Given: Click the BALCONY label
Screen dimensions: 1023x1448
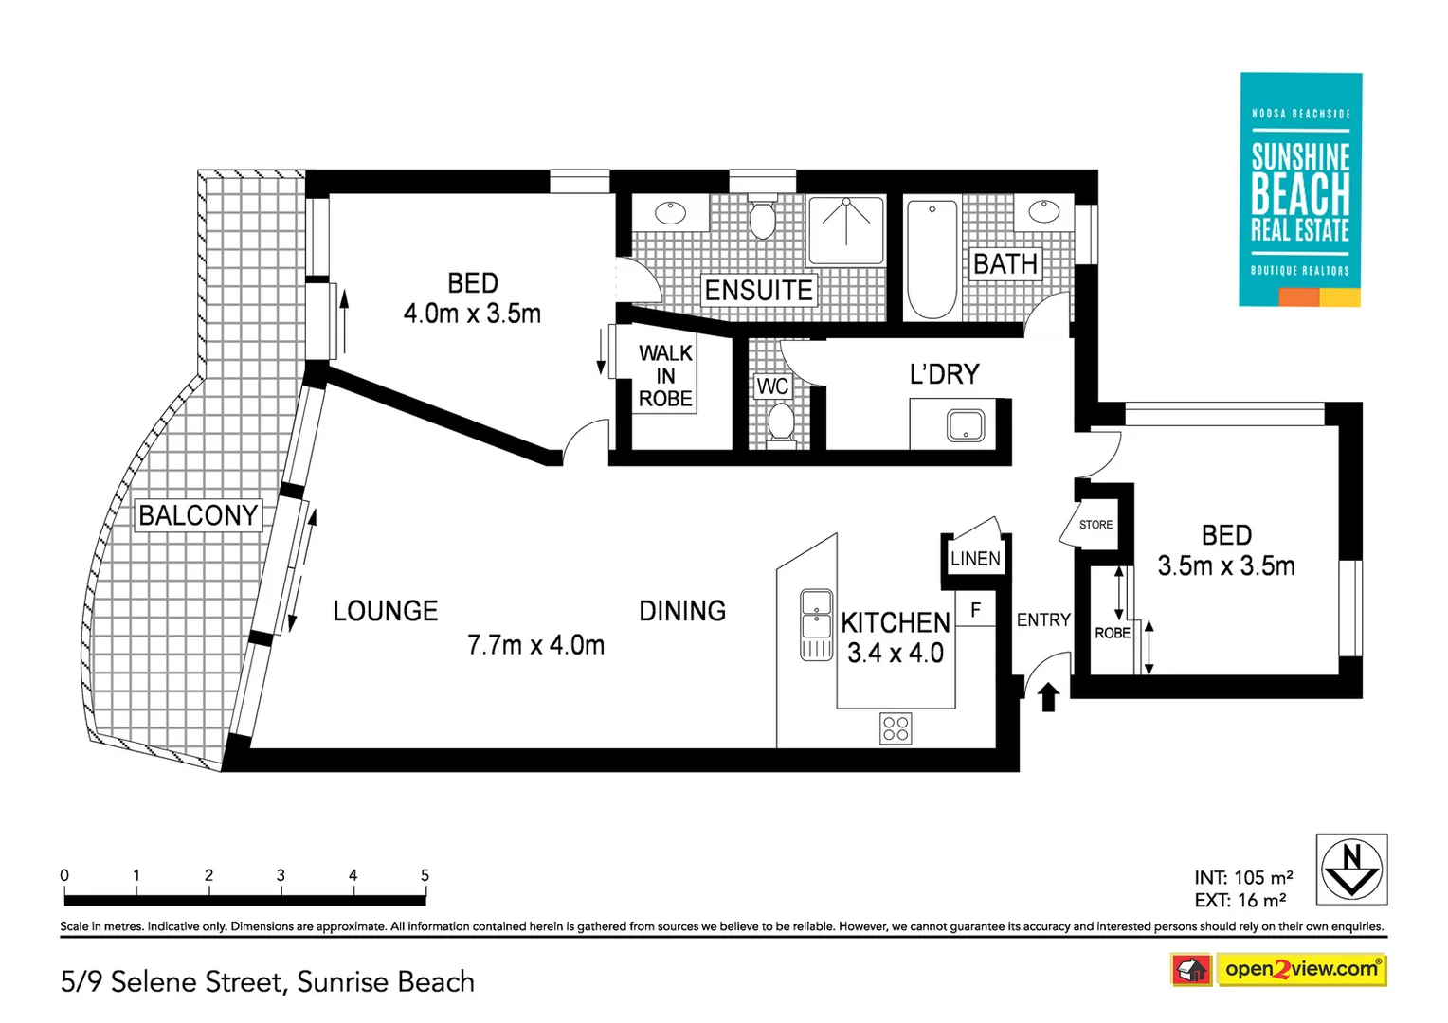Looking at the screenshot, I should pyautogui.click(x=198, y=515).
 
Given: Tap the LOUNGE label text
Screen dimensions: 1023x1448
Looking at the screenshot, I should pyautogui.click(x=385, y=611).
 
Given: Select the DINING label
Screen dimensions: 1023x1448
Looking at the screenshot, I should pyautogui.click(x=682, y=611).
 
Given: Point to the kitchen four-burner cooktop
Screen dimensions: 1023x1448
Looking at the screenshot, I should pyautogui.click(x=896, y=727).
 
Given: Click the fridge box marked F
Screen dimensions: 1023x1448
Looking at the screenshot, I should pyautogui.click(x=975, y=610).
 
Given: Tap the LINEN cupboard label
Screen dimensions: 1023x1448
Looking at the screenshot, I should pyautogui.click(x=975, y=559).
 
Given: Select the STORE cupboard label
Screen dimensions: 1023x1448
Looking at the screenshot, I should pyautogui.click(x=1095, y=525).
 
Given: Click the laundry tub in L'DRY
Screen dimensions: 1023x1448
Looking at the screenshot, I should pyautogui.click(x=966, y=425).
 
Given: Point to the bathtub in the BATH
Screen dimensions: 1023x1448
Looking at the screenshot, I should pyautogui.click(x=932, y=259).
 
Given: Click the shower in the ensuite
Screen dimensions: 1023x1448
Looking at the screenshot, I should pyautogui.click(x=846, y=230).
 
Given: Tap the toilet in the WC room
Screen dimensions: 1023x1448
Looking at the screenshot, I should pyautogui.click(x=781, y=422).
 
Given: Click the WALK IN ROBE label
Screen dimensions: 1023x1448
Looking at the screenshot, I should pyautogui.click(x=665, y=376).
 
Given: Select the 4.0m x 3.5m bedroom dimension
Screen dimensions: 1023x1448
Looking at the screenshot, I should pyautogui.click(x=472, y=314).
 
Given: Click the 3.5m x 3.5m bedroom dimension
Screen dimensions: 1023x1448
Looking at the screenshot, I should pyautogui.click(x=1225, y=566).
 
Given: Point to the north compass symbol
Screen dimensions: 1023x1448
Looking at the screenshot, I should pyautogui.click(x=1351, y=870).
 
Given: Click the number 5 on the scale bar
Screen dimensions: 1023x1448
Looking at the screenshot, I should pyautogui.click(x=425, y=875).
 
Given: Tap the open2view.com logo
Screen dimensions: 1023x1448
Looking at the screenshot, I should pyautogui.click(x=1300, y=969).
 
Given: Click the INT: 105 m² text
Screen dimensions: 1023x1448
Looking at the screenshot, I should pyautogui.click(x=1243, y=878).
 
